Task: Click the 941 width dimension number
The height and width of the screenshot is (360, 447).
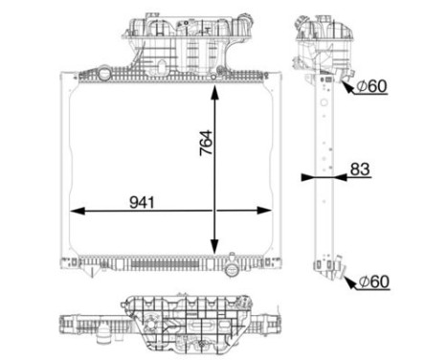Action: tap(141, 203)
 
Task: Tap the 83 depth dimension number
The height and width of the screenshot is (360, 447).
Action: tap(359, 169)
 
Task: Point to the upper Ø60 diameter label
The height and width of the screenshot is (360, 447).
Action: tap(371, 86)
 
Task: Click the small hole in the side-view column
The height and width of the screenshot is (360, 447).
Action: tap(326, 146)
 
